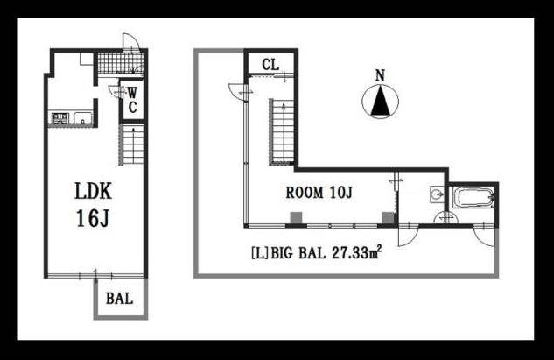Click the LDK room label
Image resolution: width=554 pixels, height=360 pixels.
94,191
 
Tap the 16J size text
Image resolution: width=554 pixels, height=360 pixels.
93,218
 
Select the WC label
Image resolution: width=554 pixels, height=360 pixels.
132,100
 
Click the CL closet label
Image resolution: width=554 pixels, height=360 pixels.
270,64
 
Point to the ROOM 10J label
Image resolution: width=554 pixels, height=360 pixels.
319,193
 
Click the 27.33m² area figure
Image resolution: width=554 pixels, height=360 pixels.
357,252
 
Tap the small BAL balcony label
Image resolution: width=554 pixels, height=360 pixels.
119,299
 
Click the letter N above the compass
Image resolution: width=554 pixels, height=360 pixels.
380,75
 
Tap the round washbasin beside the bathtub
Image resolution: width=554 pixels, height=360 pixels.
438,194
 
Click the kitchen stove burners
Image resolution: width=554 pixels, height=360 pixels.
60,117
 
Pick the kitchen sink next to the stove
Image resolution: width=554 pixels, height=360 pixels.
82,117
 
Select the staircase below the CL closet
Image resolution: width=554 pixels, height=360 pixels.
282,131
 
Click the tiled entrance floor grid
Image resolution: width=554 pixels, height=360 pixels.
120,63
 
